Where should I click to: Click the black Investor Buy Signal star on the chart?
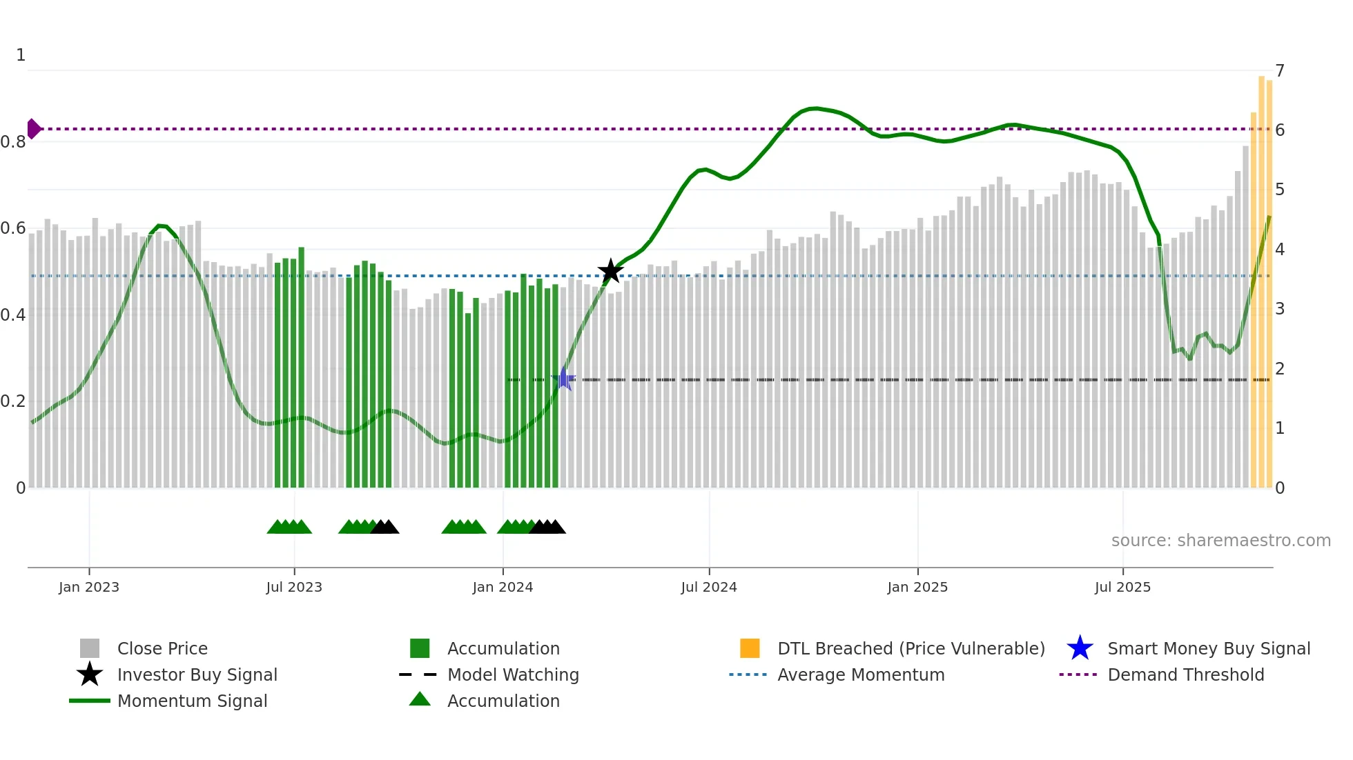pos(610,272)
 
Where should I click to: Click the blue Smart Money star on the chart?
pos(564,379)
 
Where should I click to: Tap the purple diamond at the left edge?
pos(33,129)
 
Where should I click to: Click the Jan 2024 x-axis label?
pos(503,588)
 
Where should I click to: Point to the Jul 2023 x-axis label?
pos(294,588)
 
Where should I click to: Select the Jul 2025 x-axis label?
pos(1122,588)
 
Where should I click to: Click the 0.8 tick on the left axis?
pos(13,142)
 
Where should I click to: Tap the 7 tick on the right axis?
pos(1280,70)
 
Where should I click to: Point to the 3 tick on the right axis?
pos(1280,309)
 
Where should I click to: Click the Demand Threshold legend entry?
pos(1185,674)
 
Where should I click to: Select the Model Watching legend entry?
pos(512,674)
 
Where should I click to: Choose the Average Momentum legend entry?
pos(860,674)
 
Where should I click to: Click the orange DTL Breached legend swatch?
pos(750,648)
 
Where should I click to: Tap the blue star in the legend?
pos(1080,648)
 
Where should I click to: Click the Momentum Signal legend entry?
pos(192,701)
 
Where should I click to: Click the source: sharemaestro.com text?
pos(1220,541)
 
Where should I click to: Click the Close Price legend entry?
pos(162,648)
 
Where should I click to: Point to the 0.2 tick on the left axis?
pos(13,401)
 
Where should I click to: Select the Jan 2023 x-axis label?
pos(89,588)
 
